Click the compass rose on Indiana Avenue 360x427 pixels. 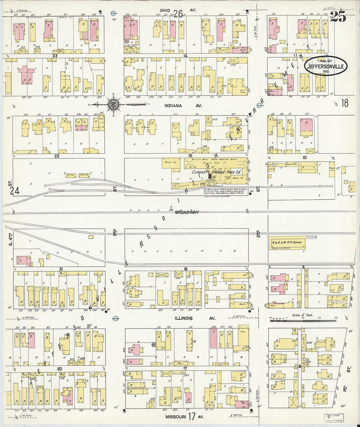(113, 105)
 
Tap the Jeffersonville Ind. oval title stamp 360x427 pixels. (326, 66)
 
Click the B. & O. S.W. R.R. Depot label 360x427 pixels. (287, 243)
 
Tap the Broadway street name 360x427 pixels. (187, 212)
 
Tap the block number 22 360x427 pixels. (57, 156)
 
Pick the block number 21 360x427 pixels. (61, 269)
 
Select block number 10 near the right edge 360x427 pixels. (304, 157)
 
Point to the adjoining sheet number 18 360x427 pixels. (345, 103)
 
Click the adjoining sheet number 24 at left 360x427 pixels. (14, 191)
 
